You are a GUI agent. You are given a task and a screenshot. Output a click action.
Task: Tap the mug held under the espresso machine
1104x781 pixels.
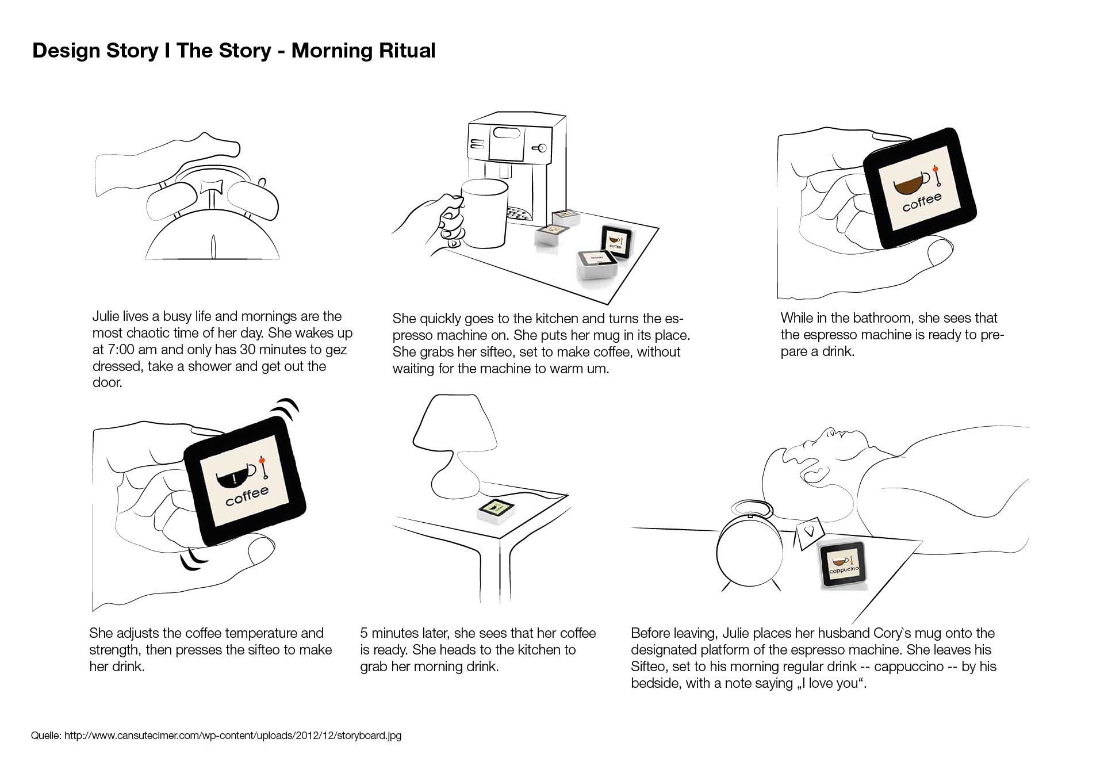485,213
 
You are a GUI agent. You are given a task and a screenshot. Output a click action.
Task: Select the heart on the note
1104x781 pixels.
809,531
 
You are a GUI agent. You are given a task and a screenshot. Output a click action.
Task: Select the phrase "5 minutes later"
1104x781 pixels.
405,634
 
